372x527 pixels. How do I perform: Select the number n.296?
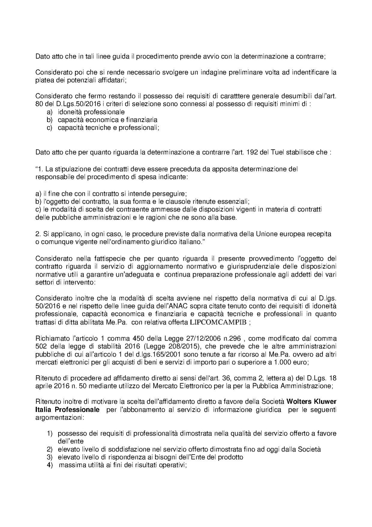233,339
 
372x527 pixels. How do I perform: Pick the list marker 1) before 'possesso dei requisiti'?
50,434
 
